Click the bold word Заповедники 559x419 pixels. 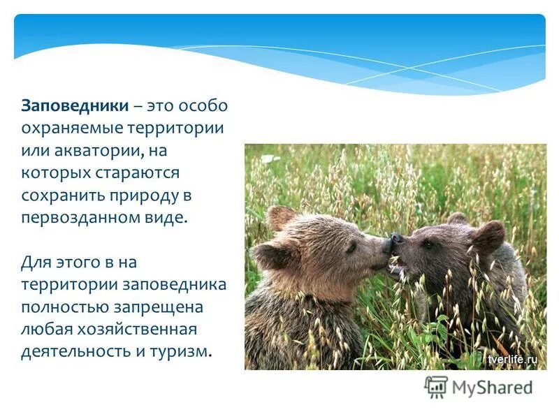tap(75, 105)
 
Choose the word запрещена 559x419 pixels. tap(162, 306)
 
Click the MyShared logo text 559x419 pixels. tap(492, 386)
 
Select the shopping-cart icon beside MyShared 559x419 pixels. tap(436, 387)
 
